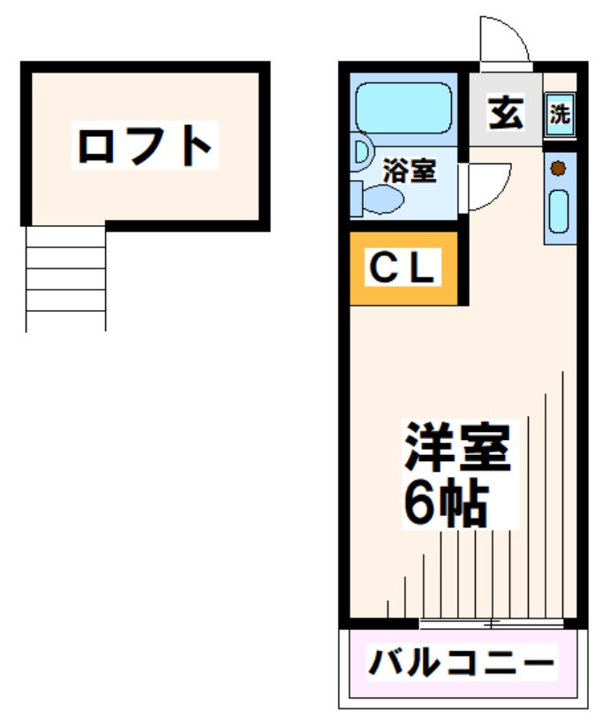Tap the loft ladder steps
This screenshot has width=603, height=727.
pyautogui.click(x=66, y=277)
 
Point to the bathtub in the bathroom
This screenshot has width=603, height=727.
pyautogui.click(x=403, y=107)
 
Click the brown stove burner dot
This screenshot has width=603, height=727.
pyautogui.click(x=558, y=168)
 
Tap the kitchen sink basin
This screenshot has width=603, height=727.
pyautogui.click(x=559, y=212)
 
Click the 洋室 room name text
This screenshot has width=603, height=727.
pyautogui.click(x=457, y=450)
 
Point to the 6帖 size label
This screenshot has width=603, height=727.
pyautogui.click(x=446, y=504)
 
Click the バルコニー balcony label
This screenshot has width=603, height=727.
pyautogui.click(x=462, y=663)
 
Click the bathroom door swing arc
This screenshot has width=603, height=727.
pyautogui.click(x=491, y=186)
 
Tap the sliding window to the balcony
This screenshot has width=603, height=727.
pyautogui.click(x=491, y=624)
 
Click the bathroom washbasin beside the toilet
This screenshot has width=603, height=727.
pyautogui.click(x=360, y=152)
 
